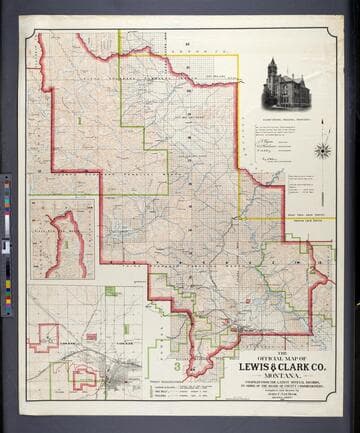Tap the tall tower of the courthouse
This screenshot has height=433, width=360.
(x=272, y=73)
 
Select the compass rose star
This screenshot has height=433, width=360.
(x=322, y=151)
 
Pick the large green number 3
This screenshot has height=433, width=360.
(x=176, y=368)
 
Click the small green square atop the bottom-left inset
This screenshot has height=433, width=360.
(x=108, y=291)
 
